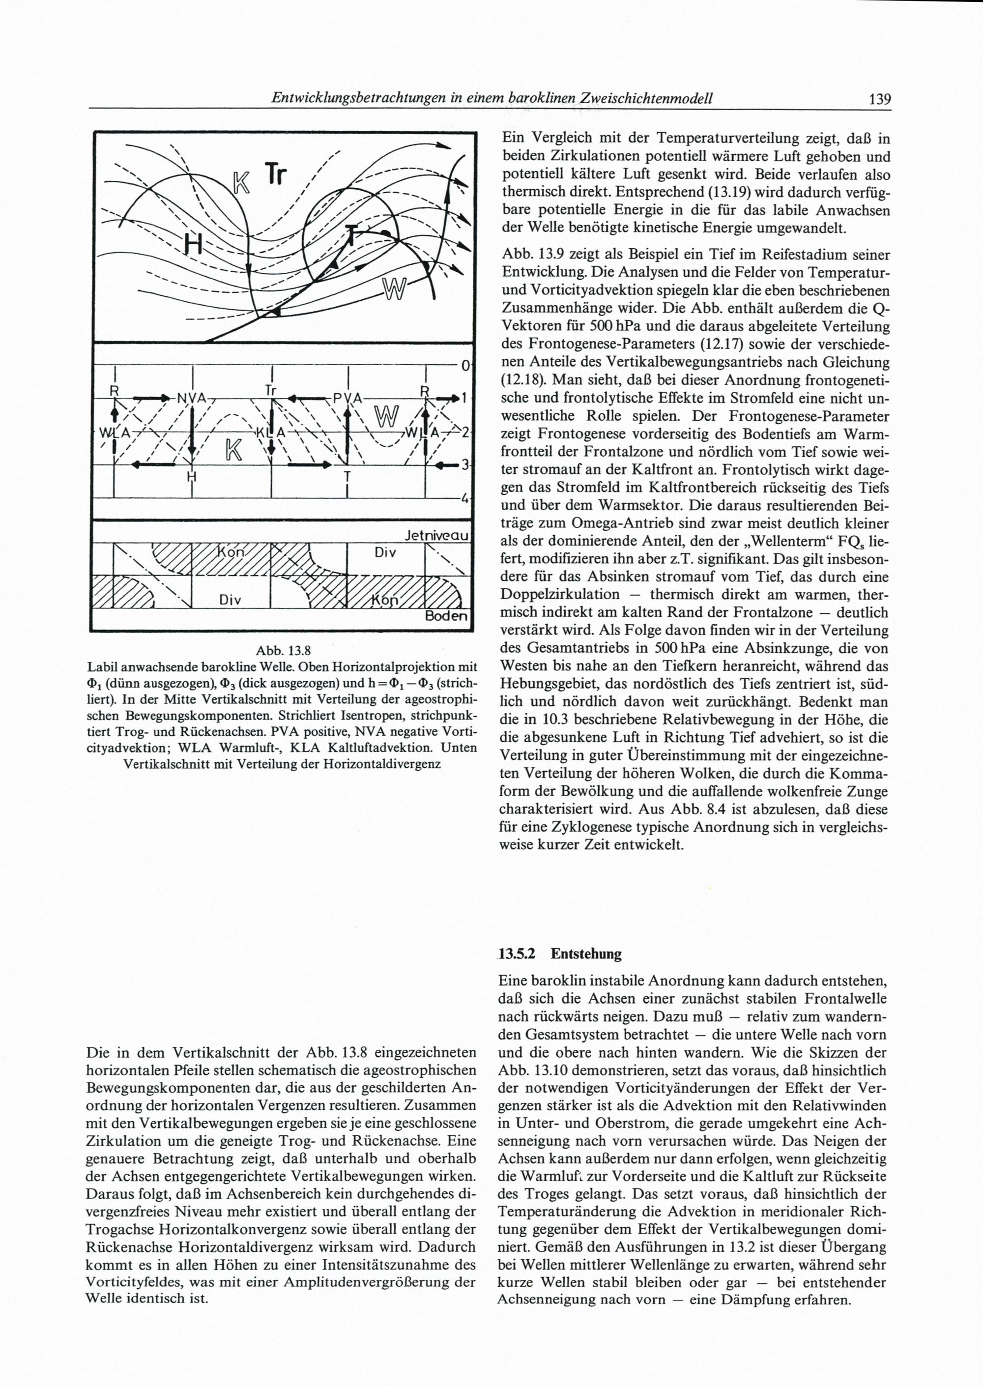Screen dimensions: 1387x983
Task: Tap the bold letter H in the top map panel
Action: (x=193, y=244)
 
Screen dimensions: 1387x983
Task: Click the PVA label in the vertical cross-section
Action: (x=347, y=398)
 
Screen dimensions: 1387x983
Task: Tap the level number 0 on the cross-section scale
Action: (x=465, y=366)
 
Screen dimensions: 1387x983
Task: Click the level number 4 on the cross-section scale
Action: (x=465, y=499)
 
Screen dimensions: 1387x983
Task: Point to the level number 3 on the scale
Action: (x=465, y=465)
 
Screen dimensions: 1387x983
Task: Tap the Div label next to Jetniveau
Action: (x=385, y=552)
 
